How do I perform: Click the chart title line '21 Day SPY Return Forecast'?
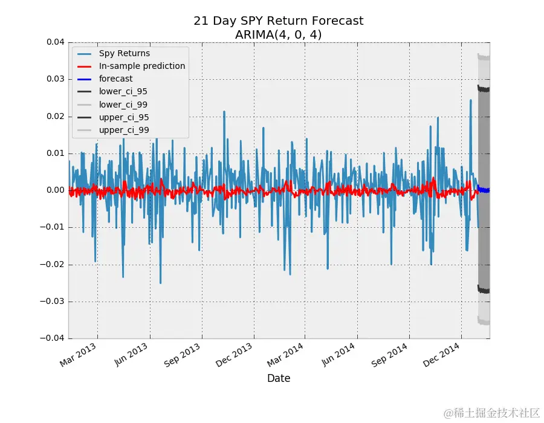pos(278,21)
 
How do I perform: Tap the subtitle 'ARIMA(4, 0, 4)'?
pos(278,35)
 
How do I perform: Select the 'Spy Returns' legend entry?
pos(125,53)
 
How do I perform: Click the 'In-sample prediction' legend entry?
pos(142,66)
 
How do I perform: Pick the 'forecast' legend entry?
pos(116,79)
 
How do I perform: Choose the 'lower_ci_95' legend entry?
pos(123,92)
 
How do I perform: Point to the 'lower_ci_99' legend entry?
pos(123,105)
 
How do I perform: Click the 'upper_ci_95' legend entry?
pos(124,117)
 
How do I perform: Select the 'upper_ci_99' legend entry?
pos(124,130)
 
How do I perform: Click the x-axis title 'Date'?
pos(279,379)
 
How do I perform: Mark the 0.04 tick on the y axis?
pos(53,42)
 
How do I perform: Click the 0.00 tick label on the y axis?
pos(53,190)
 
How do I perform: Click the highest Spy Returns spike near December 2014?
pos(471,100)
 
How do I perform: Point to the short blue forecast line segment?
pos(484,190)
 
